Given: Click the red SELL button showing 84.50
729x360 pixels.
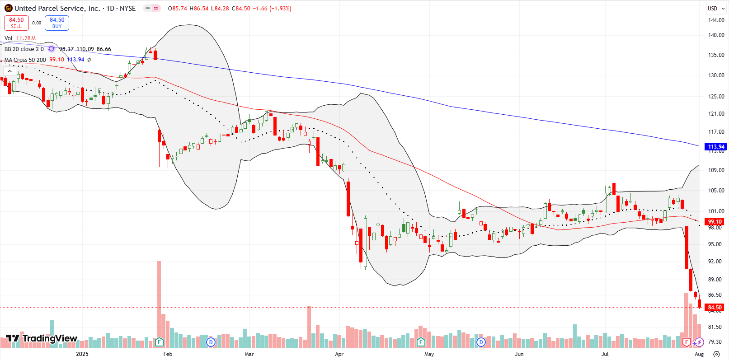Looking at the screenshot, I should [x=16, y=23].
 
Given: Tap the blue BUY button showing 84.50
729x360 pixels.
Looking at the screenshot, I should [x=57, y=23].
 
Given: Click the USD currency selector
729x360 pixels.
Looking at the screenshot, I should [x=715, y=8].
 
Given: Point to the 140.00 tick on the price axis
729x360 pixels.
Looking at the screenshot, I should [x=716, y=35].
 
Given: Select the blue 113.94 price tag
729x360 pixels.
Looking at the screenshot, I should [x=716, y=146].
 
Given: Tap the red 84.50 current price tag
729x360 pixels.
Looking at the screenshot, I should [x=715, y=308].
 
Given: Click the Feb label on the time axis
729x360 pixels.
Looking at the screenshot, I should [x=168, y=354].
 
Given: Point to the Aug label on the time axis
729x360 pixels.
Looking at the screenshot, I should [x=699, y=354].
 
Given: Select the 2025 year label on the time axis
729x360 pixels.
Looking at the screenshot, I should [x=82, y=354].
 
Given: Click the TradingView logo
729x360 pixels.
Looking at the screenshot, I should [x=42, y=338].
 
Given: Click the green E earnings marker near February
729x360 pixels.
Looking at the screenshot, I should [x=159, y=342].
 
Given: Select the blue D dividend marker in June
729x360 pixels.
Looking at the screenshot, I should [x=481, y=342].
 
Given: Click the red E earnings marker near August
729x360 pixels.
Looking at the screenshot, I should [x=687, y=342].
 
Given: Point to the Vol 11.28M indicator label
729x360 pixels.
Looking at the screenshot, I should [x=20, y=38].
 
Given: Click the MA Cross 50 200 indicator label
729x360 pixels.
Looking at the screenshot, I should [x=25, y=60].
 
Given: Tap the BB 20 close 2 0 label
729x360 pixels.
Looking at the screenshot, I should [x=24, y=49].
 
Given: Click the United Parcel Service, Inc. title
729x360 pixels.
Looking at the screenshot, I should [x=57, y=8].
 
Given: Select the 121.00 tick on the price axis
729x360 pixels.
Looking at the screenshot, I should [x=716, y=114].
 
